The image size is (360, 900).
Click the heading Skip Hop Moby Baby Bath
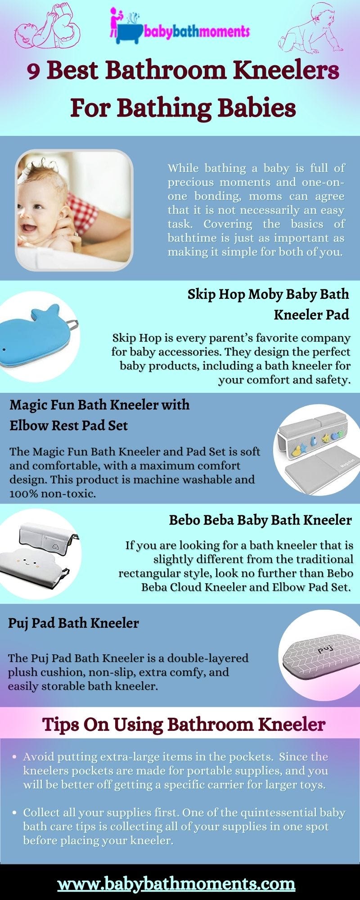(x=268, y=294)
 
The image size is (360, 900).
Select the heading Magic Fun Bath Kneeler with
(x=99, y=405)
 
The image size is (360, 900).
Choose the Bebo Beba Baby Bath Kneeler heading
(x=260, y=520)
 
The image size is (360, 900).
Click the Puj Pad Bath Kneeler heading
(x=73, y=623)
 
